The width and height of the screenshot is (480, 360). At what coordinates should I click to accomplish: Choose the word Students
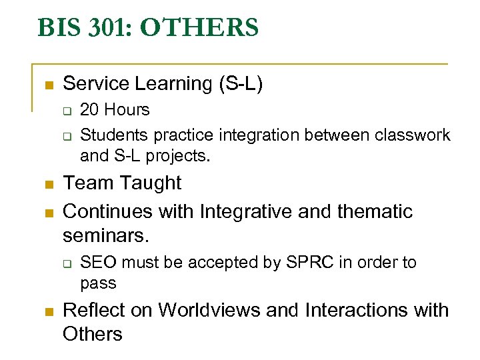(x=115, y=135)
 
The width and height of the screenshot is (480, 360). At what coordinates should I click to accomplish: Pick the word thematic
(x=375, y=212)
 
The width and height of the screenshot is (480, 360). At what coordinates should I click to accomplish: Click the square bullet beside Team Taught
(x=47, y=185)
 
